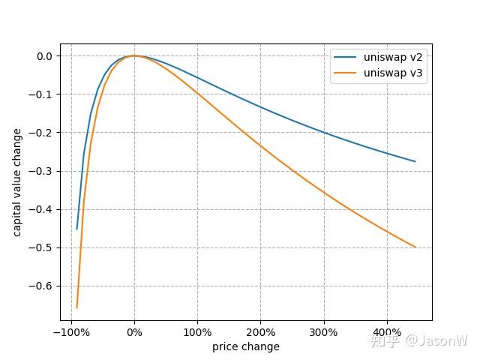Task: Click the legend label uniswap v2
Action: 393,57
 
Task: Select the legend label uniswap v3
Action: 393,73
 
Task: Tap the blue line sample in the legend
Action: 345,57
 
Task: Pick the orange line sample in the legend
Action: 345,73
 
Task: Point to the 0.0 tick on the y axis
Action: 45,56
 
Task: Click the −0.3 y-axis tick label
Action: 40,171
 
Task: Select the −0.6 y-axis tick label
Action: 40,286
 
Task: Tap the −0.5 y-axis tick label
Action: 40,247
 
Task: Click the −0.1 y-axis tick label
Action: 40,94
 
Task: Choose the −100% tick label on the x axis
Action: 72,332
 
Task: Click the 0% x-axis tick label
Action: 134,332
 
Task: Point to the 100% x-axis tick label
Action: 197,332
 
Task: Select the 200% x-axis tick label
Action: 260,332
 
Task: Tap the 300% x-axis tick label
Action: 323,332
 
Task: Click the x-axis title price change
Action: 246,346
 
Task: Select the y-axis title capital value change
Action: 17,182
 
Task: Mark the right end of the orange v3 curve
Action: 415,247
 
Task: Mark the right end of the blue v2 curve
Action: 415,161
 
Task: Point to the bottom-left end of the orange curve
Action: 76,308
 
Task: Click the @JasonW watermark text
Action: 436,340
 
